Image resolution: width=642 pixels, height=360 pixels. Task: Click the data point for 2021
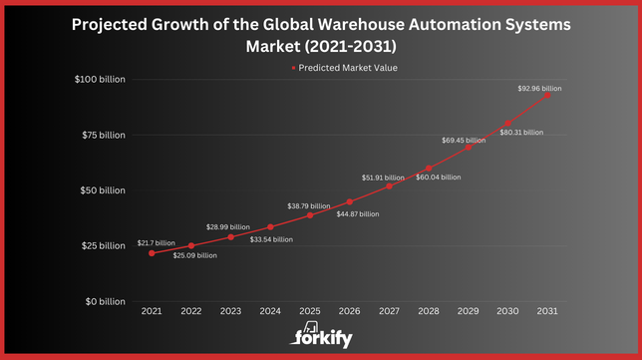[152, 253]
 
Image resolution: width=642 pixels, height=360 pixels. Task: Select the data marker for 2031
[547, 95]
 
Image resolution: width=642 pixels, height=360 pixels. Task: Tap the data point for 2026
[349, 201]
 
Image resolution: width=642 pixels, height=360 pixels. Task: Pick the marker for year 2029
[468, 148]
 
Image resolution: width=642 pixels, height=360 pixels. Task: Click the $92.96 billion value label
[538, 88]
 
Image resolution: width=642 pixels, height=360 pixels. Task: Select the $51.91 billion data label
[383, 178]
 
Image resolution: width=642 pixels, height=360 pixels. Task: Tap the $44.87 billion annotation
[357, 213]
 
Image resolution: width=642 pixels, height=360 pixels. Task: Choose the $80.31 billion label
[521, 132]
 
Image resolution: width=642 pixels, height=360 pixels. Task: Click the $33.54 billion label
[270, 239]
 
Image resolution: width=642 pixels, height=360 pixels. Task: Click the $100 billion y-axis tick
[100, 80]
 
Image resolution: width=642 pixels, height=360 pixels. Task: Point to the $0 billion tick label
[104, 301]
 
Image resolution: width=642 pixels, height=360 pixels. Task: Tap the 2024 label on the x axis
[270, 312]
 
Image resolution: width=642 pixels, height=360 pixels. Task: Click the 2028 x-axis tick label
[429, 312]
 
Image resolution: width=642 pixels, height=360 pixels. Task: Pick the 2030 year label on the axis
[507, 312]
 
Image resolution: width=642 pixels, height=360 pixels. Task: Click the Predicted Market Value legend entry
[334, 68]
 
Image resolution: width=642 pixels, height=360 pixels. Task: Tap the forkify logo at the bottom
[321, 337]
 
